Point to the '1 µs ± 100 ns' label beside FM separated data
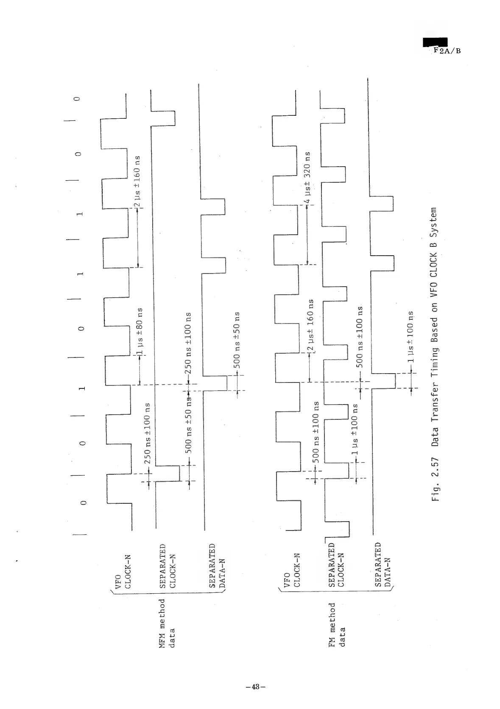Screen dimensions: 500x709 tap(410, 337)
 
